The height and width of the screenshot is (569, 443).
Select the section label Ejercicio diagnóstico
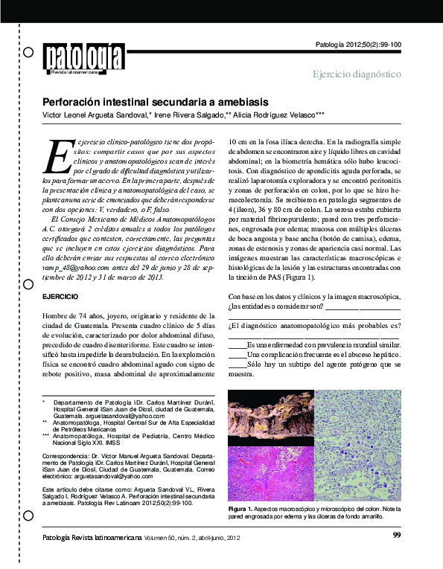pos(357,74)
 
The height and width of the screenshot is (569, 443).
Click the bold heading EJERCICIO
pos(61,317)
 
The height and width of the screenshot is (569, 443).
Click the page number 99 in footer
pos(396,535)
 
